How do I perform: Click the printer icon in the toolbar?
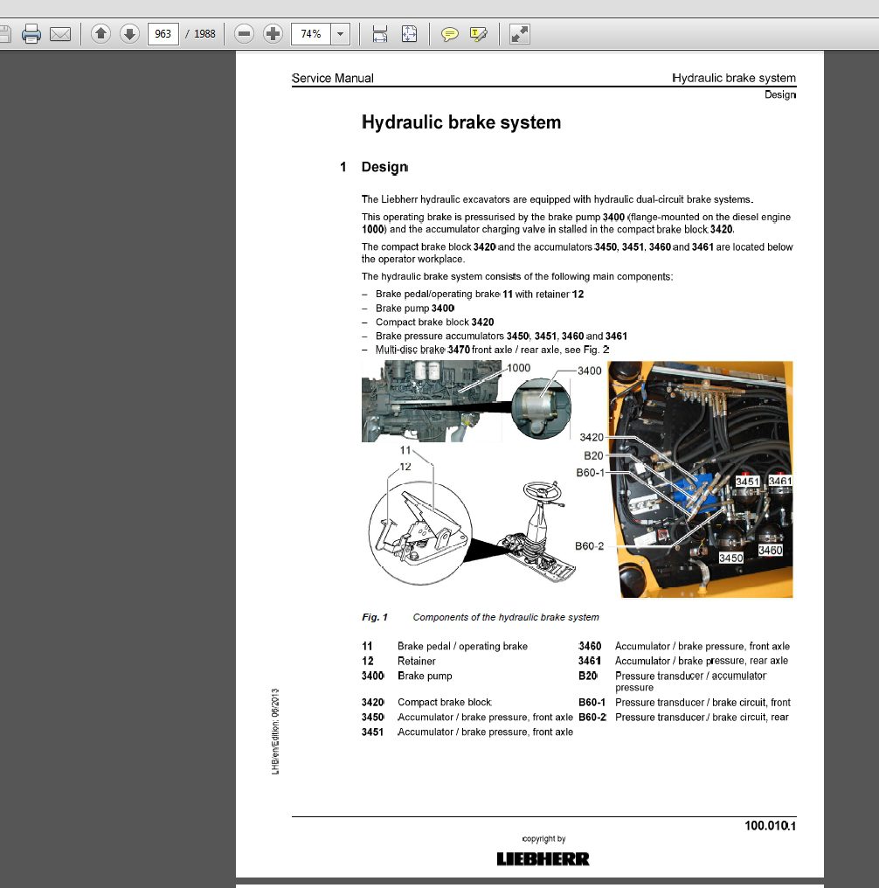[x=31, y=34]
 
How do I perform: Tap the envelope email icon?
[x=60, y=35]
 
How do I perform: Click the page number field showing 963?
[x=163, y=34]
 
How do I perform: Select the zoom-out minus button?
[x=244, y=34]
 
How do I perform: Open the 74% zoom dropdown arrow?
[x=340, y=34]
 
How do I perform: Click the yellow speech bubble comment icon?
[x=449, y=35]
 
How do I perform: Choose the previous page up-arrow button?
[x=100, y=34]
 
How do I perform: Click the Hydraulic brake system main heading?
[x=461, y=122]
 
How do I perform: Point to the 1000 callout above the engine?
[x=518, y=368]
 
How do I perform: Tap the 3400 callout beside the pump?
[x=589, y=371]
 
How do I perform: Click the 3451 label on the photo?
[x=747, y=482]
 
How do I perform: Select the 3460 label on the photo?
[x=771, y=550]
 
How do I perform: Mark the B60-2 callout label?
[x=589, y=546]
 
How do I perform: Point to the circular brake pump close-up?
[x=541, y=408]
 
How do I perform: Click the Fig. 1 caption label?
[x=375, y=617]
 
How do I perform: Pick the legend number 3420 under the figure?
[x=372, y=702]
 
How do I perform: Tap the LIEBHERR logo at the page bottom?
[x=543, y=859]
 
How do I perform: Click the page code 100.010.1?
[x=770, y=826]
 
